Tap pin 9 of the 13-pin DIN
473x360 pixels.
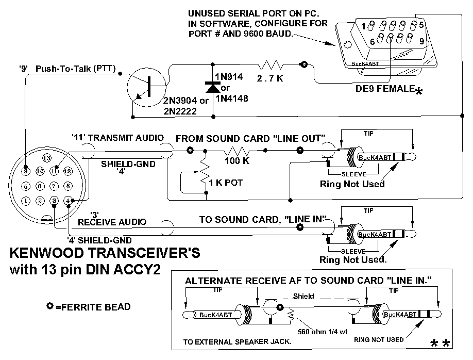point(25,170)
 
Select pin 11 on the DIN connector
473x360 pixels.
point(54,170)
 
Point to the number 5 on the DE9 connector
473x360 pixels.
point(420,24)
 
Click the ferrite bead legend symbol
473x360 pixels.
point(50,306)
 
